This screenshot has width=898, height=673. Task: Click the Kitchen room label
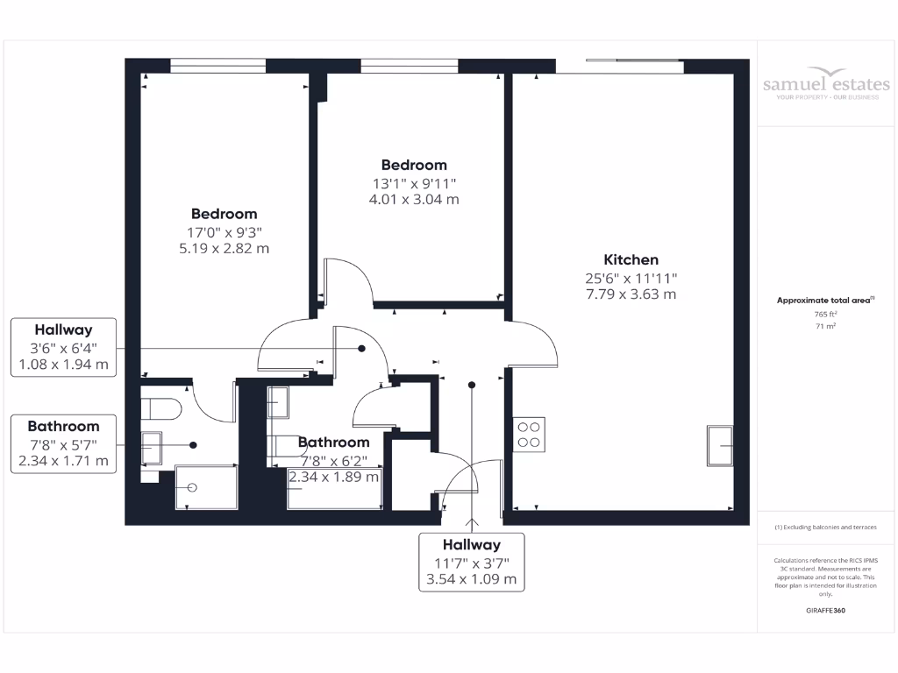coord(631,259)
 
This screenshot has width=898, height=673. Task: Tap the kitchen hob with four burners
coord(529,435)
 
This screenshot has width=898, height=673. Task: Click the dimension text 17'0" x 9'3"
coord(224,231)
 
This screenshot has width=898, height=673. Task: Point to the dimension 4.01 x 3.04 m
coord(414,199)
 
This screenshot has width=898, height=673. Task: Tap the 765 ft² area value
coord(824,314)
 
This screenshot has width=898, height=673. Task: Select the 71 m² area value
coord(824,326)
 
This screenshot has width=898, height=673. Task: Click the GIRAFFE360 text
coord(824,610)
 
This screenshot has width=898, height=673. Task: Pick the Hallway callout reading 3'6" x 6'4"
coord(64,348)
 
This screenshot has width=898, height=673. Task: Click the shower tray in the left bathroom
coord(206,487)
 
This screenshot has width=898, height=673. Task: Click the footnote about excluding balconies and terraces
coord(824,528)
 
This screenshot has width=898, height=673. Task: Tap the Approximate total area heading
coord(824,300)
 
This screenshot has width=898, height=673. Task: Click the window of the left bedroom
coord(217,64)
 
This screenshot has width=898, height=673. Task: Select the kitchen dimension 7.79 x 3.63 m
coord(631,294)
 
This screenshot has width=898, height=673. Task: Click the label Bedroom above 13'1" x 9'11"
coord(414,165)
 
